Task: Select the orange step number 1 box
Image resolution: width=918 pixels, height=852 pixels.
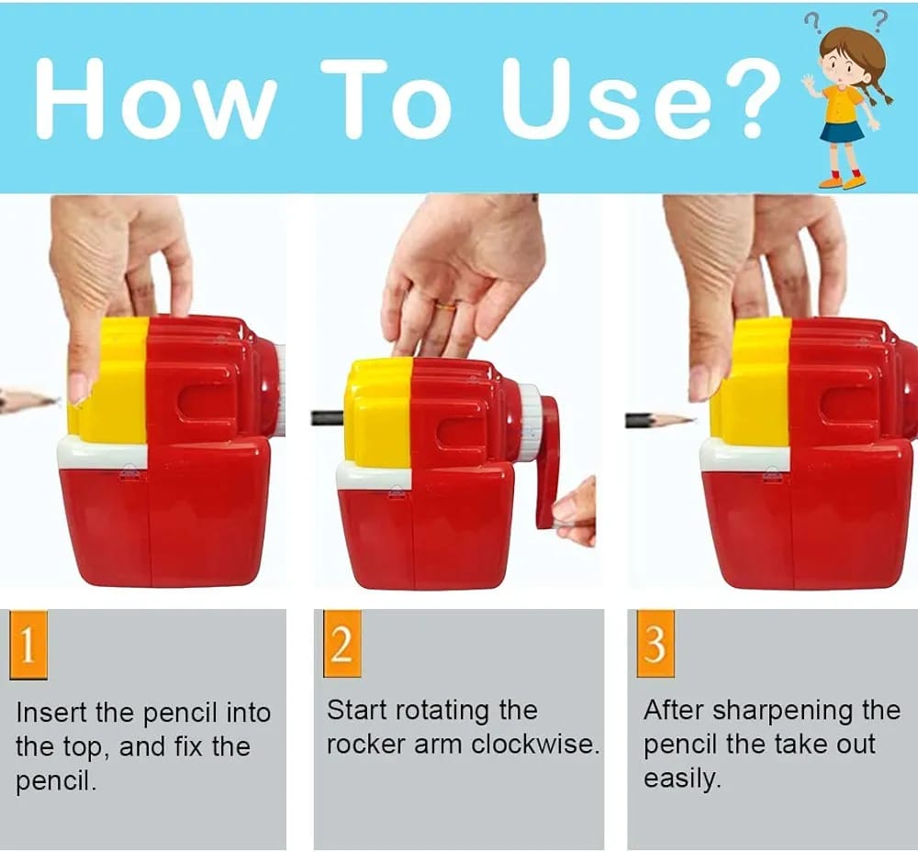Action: pos(28,645)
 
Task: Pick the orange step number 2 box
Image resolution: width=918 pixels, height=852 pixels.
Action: pos(341,645)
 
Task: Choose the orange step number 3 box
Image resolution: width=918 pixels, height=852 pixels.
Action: pos(655,645)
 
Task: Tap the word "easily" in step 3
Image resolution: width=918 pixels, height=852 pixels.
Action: pos(679,779)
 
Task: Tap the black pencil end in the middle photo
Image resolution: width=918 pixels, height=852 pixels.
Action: pos(327,418)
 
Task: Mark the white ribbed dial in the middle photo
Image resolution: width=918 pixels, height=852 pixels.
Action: pos(529,422)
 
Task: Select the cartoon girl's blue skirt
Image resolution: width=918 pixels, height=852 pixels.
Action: pos(842,131)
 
